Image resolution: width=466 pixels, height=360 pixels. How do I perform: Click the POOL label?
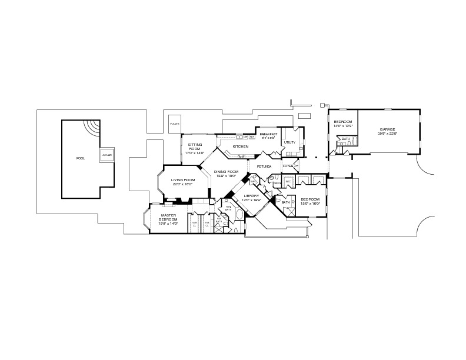[x=80, y=158]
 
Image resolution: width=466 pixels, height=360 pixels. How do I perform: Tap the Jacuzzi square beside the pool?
[x=106, y=155]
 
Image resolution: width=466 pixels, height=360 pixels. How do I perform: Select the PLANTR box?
[x=174, y=124]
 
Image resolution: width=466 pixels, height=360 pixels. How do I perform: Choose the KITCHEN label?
[x=240, y=146]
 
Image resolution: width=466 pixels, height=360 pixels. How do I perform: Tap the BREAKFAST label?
[x=268, y=134]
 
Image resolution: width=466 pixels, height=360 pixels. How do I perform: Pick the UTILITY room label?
[x=289, y=142]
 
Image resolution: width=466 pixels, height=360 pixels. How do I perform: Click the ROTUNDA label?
[x=264, y=166]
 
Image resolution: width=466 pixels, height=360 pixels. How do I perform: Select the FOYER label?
[x=288, y=166]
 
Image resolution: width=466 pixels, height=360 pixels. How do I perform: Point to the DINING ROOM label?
[x=225, y=172]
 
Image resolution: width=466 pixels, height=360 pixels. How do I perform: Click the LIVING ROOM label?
[x=182, y=180]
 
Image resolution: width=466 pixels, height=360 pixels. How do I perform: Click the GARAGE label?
[x=387, y=129]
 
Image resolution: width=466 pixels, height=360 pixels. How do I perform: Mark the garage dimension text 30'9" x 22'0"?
[x=387, y=134]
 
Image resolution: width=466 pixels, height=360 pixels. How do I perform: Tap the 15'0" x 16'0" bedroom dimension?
[x=310, y=204]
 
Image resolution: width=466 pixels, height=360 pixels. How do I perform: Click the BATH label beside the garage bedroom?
[x=346, y=139]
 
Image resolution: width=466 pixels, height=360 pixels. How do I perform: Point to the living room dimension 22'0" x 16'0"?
[x=182, y=184]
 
